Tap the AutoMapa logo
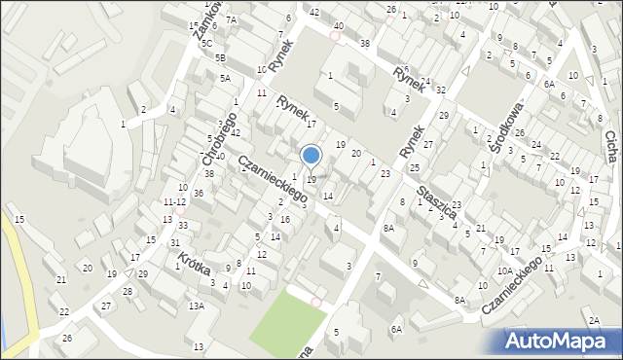[x=562, y=342]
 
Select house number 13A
[x=197, y=306]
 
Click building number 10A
[x=504, y=271]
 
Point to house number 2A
[x=593, y=320]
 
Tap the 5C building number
[x=206, y=44]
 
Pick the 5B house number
[x=220, y=57]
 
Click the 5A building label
[x=224, y=78]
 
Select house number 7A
[x=231, y=19]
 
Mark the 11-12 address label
[x=174, y=201]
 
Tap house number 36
[x=198, y=194]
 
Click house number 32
[x=440, y=90]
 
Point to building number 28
[x=127, y=292]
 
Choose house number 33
[x=182, y=226]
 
